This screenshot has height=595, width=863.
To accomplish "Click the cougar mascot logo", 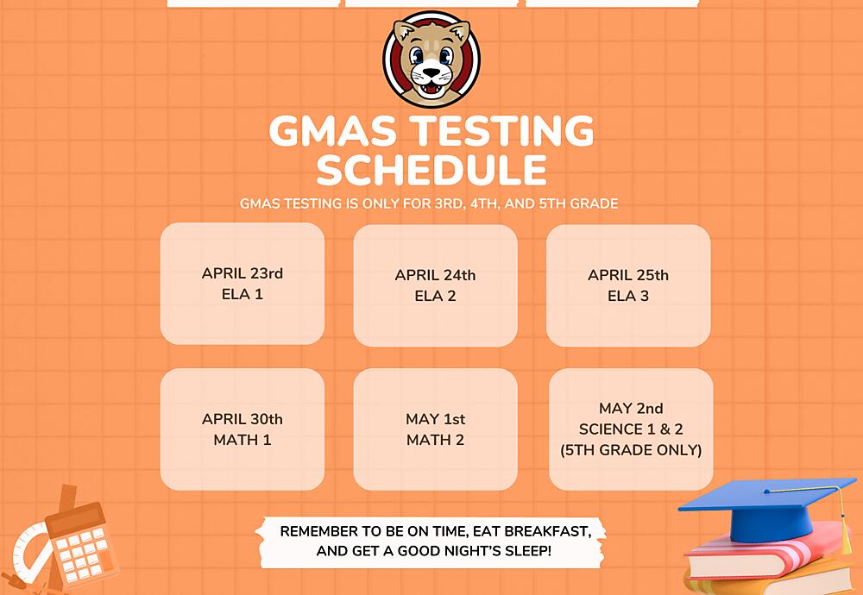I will pyautogui.click(x=431, y=59).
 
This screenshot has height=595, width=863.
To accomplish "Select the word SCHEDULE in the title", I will pyautogui.click(x=431, y=170).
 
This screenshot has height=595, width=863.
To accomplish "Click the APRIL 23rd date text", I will pyautogui.click(x=243, y=273).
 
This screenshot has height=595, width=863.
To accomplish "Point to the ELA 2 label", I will pyautogui.click(x=435, y=296).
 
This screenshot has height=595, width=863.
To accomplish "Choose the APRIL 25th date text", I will pyautogui.click(x=628, y=275).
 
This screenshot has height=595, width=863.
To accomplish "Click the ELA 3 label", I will pyautogui.click(x=628, y=296).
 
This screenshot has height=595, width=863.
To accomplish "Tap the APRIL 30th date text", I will pyautogui.click(x=243, y=419).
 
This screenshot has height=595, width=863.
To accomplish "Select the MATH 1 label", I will pyautogui.click(x=243, y=440).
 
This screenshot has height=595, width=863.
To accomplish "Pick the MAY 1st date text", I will pyautogui.click(x=435, y=419).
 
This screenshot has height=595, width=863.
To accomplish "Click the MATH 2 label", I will pyautogui.click(x=435, y=440).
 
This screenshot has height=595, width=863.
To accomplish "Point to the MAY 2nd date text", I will pyautogui.click(x=631, y=408).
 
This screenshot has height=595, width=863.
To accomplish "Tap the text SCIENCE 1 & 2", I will pyautogui.click(x=631, y=429).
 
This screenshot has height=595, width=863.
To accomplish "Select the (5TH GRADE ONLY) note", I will pyautogui.click(x=631, y=449).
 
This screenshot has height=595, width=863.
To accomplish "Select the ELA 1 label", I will pyautogui.click(x=243, y=294).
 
